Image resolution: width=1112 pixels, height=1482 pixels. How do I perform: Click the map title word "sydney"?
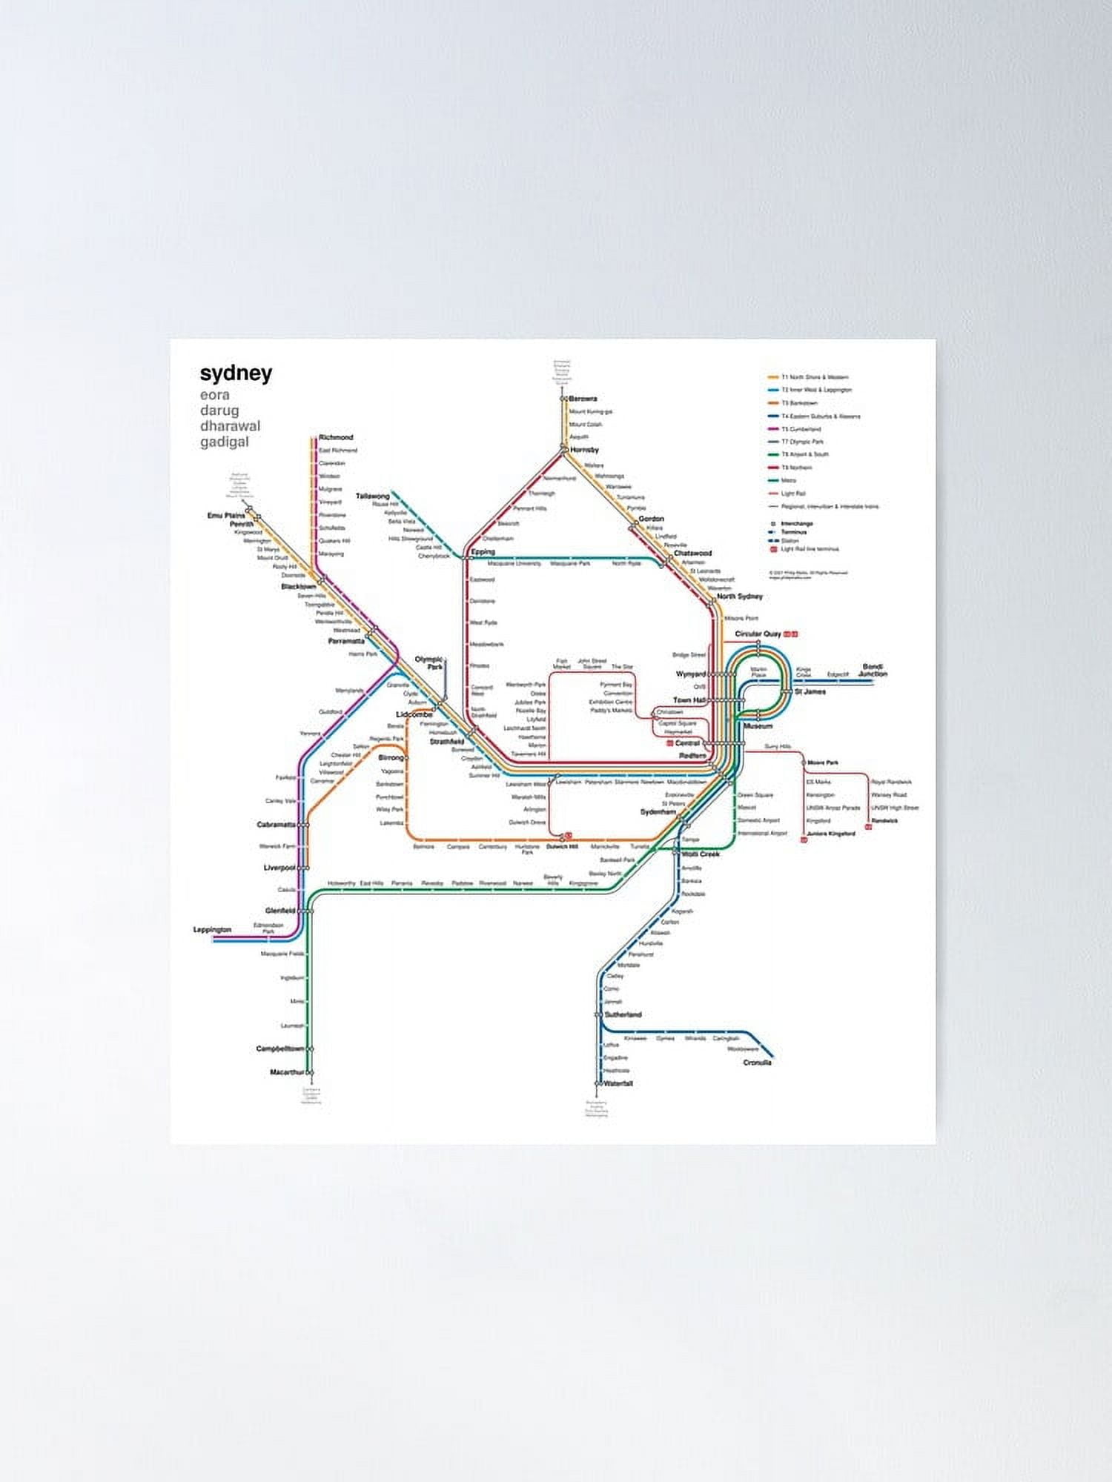click(x=236, y=373)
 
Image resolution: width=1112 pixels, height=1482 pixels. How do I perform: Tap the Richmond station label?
click(x=336, y=437)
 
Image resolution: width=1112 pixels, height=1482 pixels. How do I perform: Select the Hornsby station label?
click(x=584, y=450)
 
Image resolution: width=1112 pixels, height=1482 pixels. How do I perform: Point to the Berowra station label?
click(x=583, y=399)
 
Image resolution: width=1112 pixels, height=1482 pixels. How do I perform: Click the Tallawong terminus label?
click(x=372, y=496)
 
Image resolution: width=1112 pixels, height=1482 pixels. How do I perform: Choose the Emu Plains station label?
click(x=225, y=515)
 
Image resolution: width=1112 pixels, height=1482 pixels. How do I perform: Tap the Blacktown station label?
click(x=298, y=586)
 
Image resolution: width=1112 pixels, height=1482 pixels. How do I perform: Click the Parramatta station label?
click(x=346, y=641)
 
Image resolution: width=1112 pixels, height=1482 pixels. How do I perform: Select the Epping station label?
click(x=483, y=552)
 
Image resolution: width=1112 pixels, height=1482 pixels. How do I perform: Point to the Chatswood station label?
click(x=692, y=553)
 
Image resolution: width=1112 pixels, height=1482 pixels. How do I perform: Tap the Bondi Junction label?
click(x=873, y=670)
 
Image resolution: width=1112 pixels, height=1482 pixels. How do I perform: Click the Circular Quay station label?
click(x=758, y=634)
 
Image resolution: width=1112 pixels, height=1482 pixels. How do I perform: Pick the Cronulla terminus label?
click(x=757, y=1062)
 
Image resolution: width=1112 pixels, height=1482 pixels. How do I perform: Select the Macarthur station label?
click(x=287, y=1071)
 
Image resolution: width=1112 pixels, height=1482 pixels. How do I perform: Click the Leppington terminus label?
click(x=212, y=929)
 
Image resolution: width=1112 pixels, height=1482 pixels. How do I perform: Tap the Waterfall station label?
click(x=618, y=1083)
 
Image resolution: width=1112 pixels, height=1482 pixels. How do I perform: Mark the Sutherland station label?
click(x=623, y=1014)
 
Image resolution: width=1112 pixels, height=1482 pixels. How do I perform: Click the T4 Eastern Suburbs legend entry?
click(x=820, y=416)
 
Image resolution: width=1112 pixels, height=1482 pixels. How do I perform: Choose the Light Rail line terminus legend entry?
click(x=810, y=549)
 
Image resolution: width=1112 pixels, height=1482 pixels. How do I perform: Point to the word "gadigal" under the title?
click(x=224, y=442)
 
